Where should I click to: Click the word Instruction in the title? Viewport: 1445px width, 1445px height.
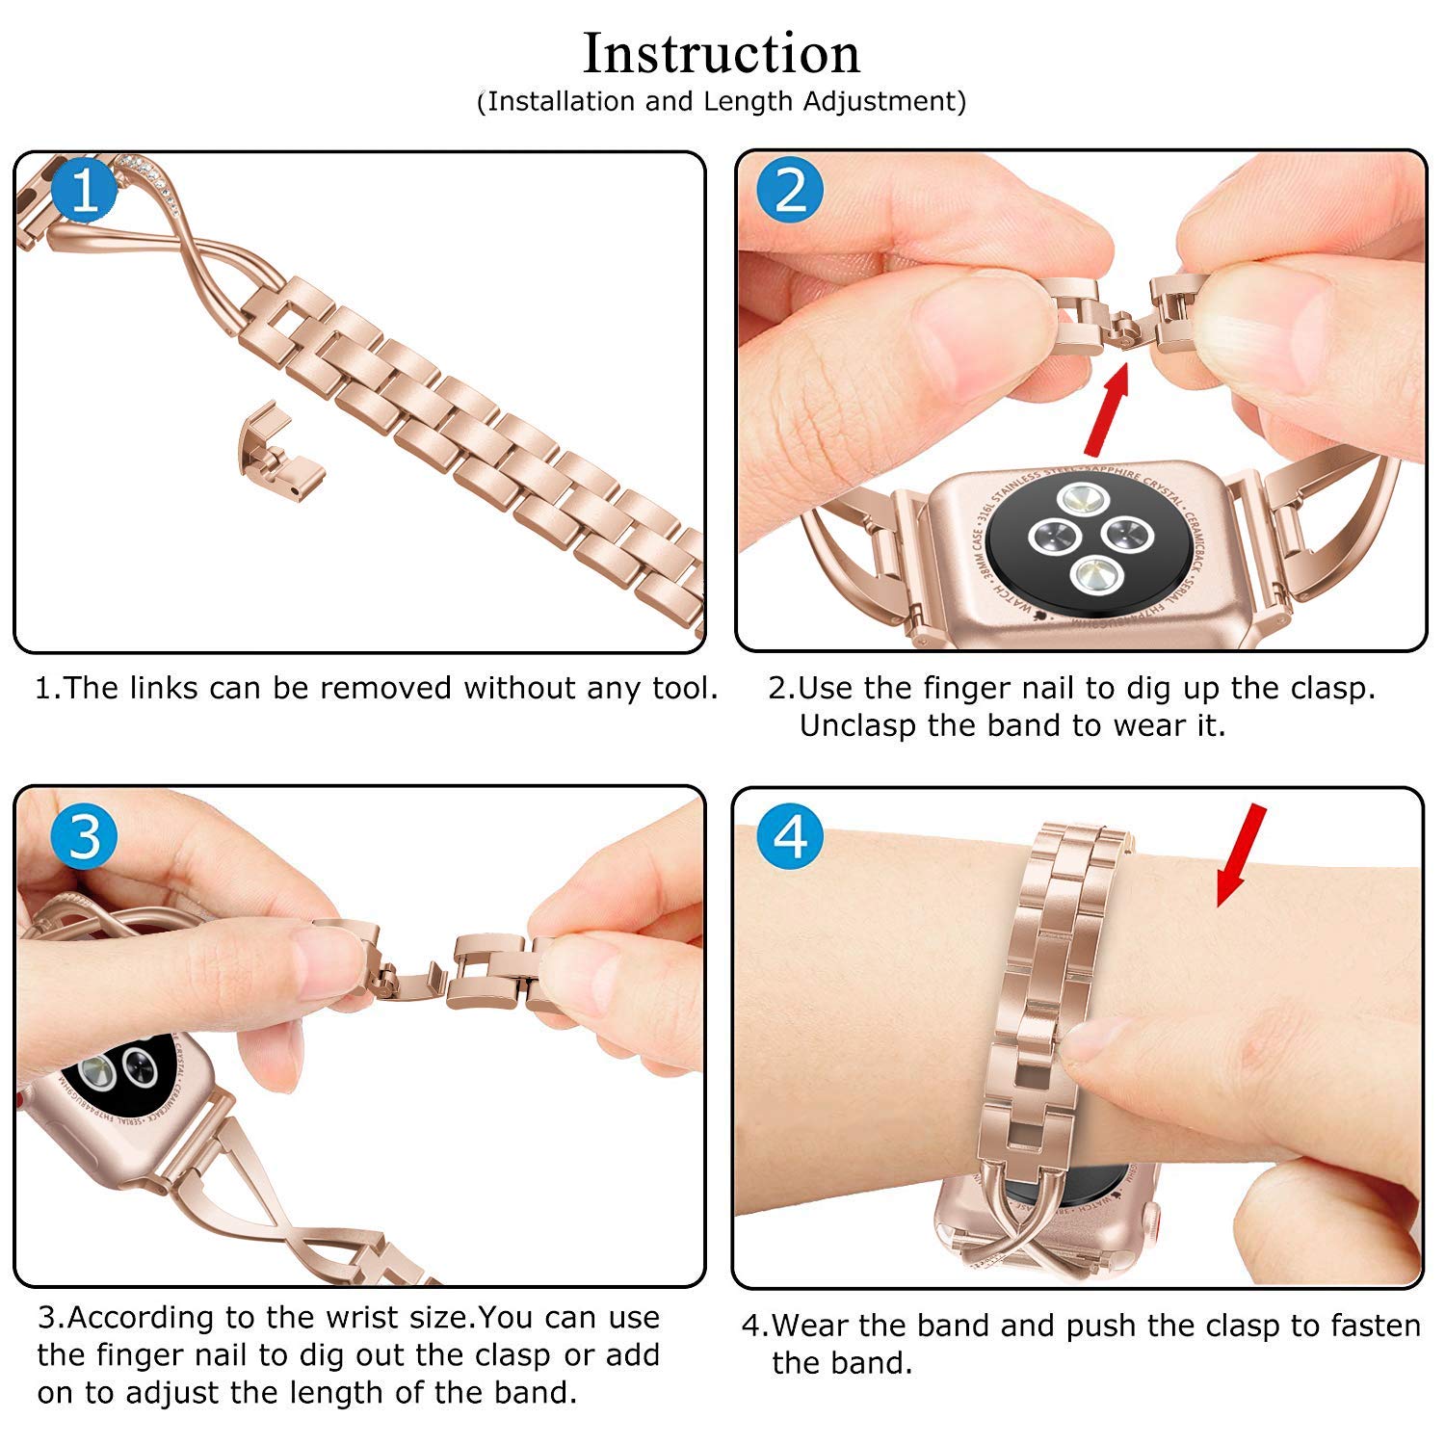pos(722,54)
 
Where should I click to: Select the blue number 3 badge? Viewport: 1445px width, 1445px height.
pos(85,835)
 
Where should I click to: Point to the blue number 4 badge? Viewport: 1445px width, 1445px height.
pos(790,835)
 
